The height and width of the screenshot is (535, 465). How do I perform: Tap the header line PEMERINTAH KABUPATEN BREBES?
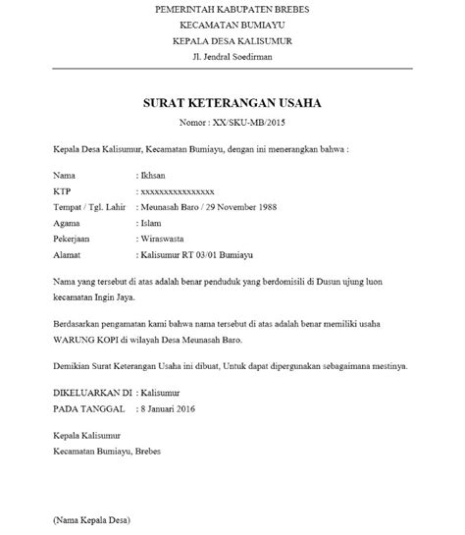pos(232,9)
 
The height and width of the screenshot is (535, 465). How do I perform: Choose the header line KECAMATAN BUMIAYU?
pos(232,25)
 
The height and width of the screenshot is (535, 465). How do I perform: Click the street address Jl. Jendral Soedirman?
pos(232,56)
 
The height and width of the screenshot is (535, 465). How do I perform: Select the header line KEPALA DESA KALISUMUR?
pos(232,40)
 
